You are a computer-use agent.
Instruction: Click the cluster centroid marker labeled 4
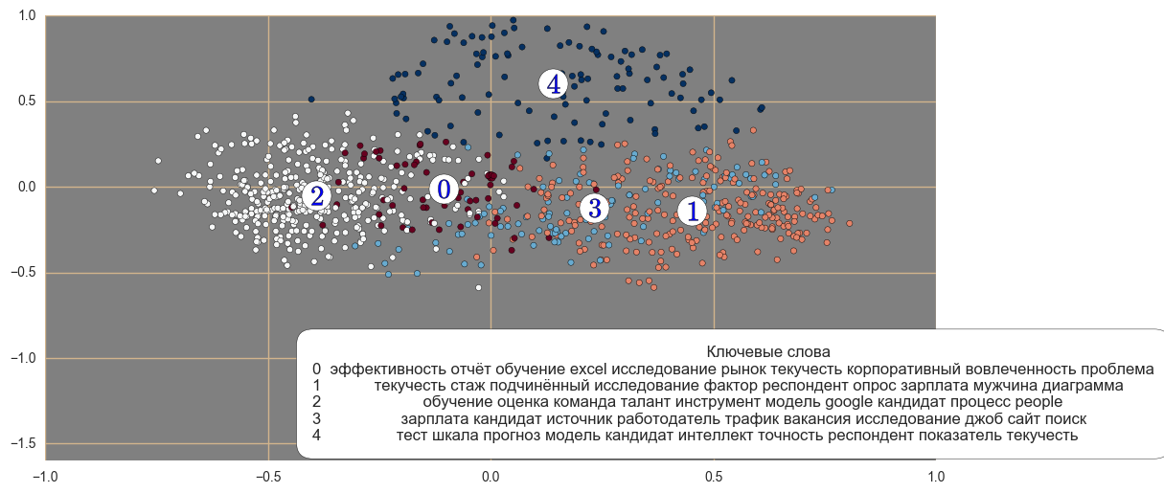[x=554, y=84]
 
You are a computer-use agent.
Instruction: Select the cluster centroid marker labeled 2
[x=317, y=196]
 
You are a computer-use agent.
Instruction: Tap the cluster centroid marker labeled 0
[x=443, y=190]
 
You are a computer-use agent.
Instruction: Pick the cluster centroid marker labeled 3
[x=594, y=208]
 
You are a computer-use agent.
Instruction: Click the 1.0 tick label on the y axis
[x=25, y=16]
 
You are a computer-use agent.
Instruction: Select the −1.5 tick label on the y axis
[x=22, y=444]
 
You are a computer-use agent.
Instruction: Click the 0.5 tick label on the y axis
[x=25, y=101]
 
